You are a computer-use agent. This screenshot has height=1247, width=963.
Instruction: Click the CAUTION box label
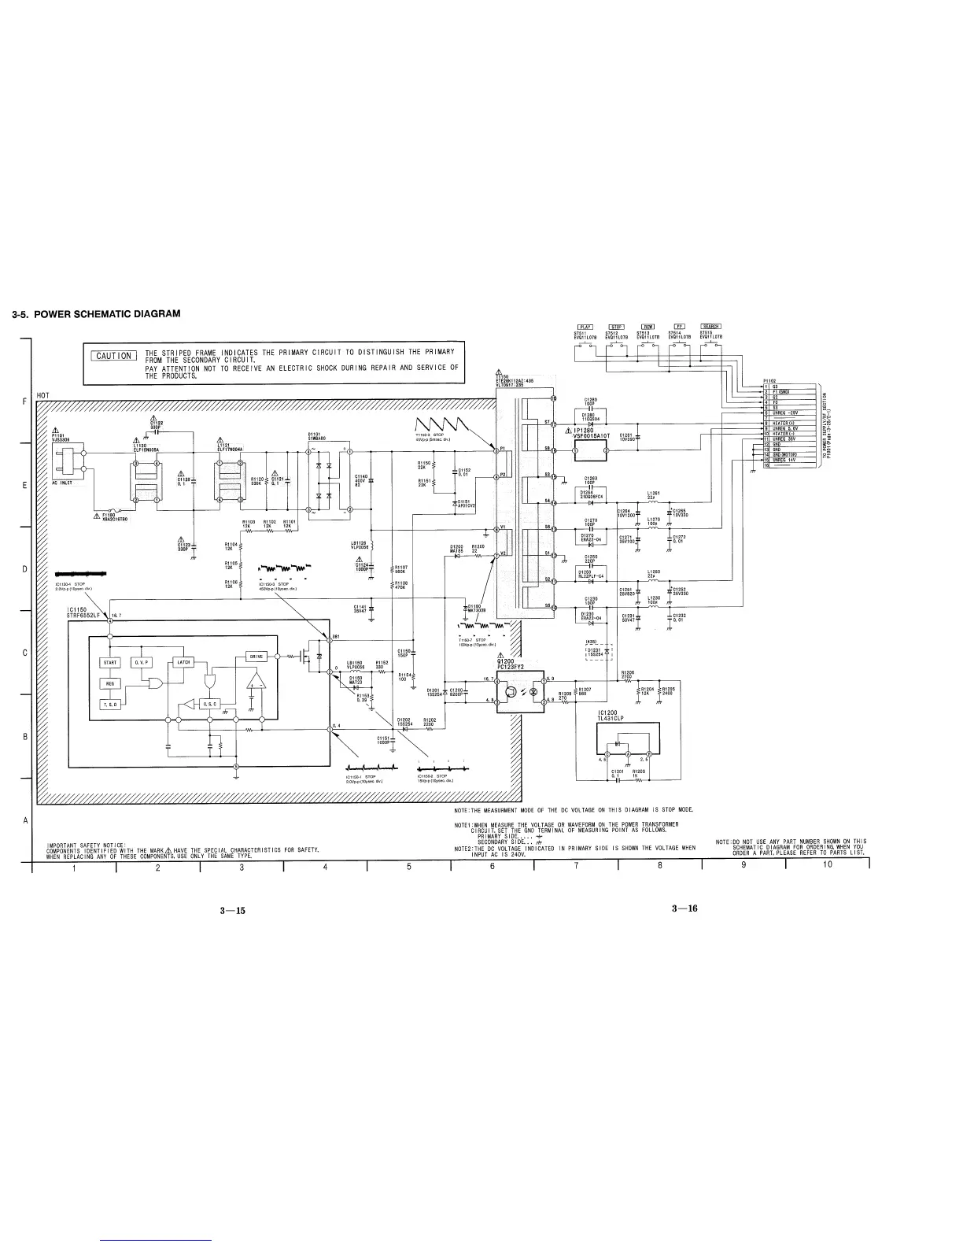coord(114,356)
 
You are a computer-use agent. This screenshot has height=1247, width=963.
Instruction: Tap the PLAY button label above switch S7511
coord(585,327)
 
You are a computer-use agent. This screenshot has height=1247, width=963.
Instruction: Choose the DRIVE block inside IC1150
coord(257,656)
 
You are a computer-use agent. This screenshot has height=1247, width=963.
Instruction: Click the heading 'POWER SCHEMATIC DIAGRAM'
coord(96,313)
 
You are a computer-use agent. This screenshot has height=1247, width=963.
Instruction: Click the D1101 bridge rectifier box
coord(329,482)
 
